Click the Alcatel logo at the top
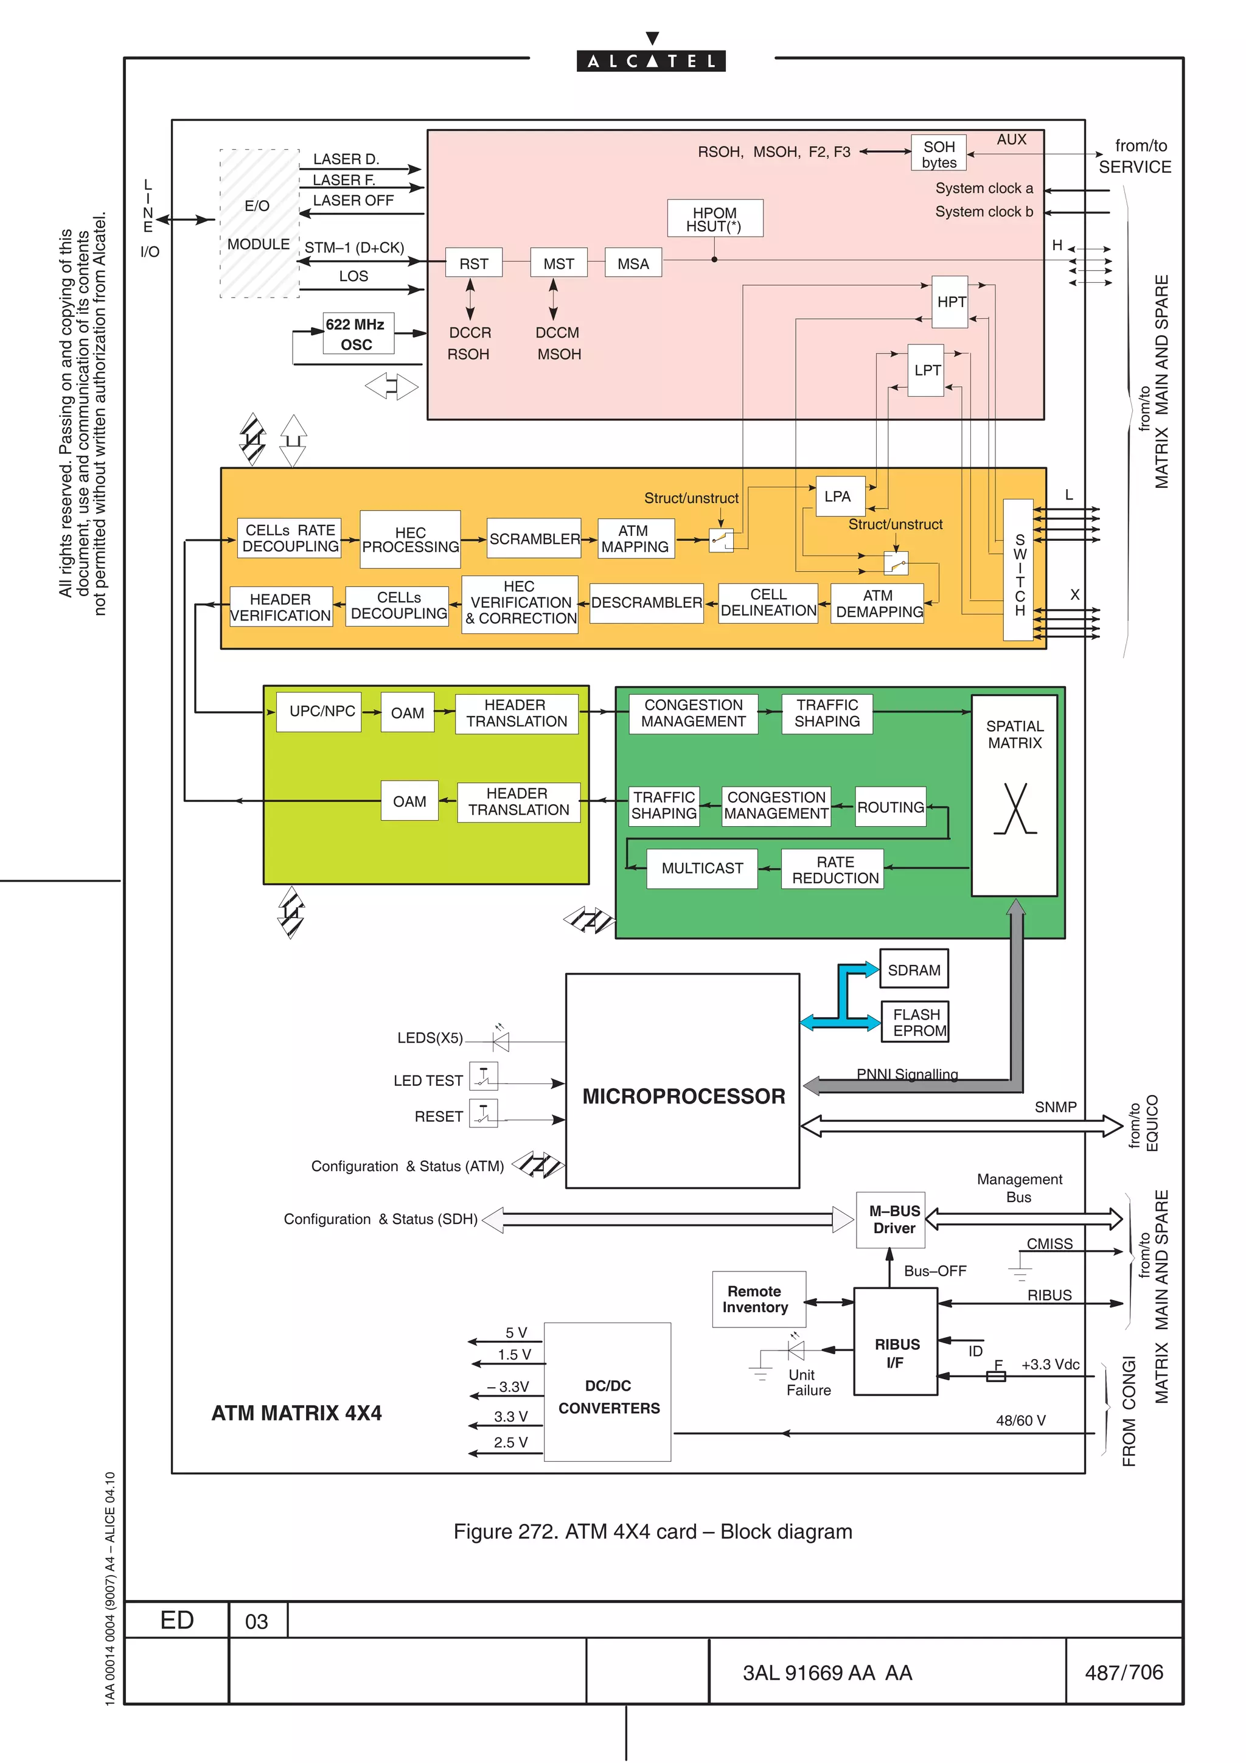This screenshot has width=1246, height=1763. tap(651, 60)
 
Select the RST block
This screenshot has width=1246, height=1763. tap(474, 263)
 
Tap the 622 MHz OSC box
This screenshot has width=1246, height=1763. tap(358, 334)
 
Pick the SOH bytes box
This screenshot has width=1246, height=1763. tap(939, 153)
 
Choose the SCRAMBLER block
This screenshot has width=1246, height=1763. tap(534, 539)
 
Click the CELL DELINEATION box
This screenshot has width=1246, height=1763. tap(768, 603)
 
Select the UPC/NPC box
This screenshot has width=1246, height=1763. tap(322, 712)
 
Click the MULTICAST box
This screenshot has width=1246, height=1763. tap(701, 869)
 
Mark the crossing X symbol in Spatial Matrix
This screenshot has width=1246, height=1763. tap(1015, 808)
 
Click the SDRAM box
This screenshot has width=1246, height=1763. tap(914, 970)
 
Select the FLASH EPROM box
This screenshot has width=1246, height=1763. tap(915, 1023)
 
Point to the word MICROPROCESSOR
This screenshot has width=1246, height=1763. tap(683, 1096)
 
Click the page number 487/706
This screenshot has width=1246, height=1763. tap(1123, 1672)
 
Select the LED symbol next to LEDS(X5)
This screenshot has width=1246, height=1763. tap(501, 1041)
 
